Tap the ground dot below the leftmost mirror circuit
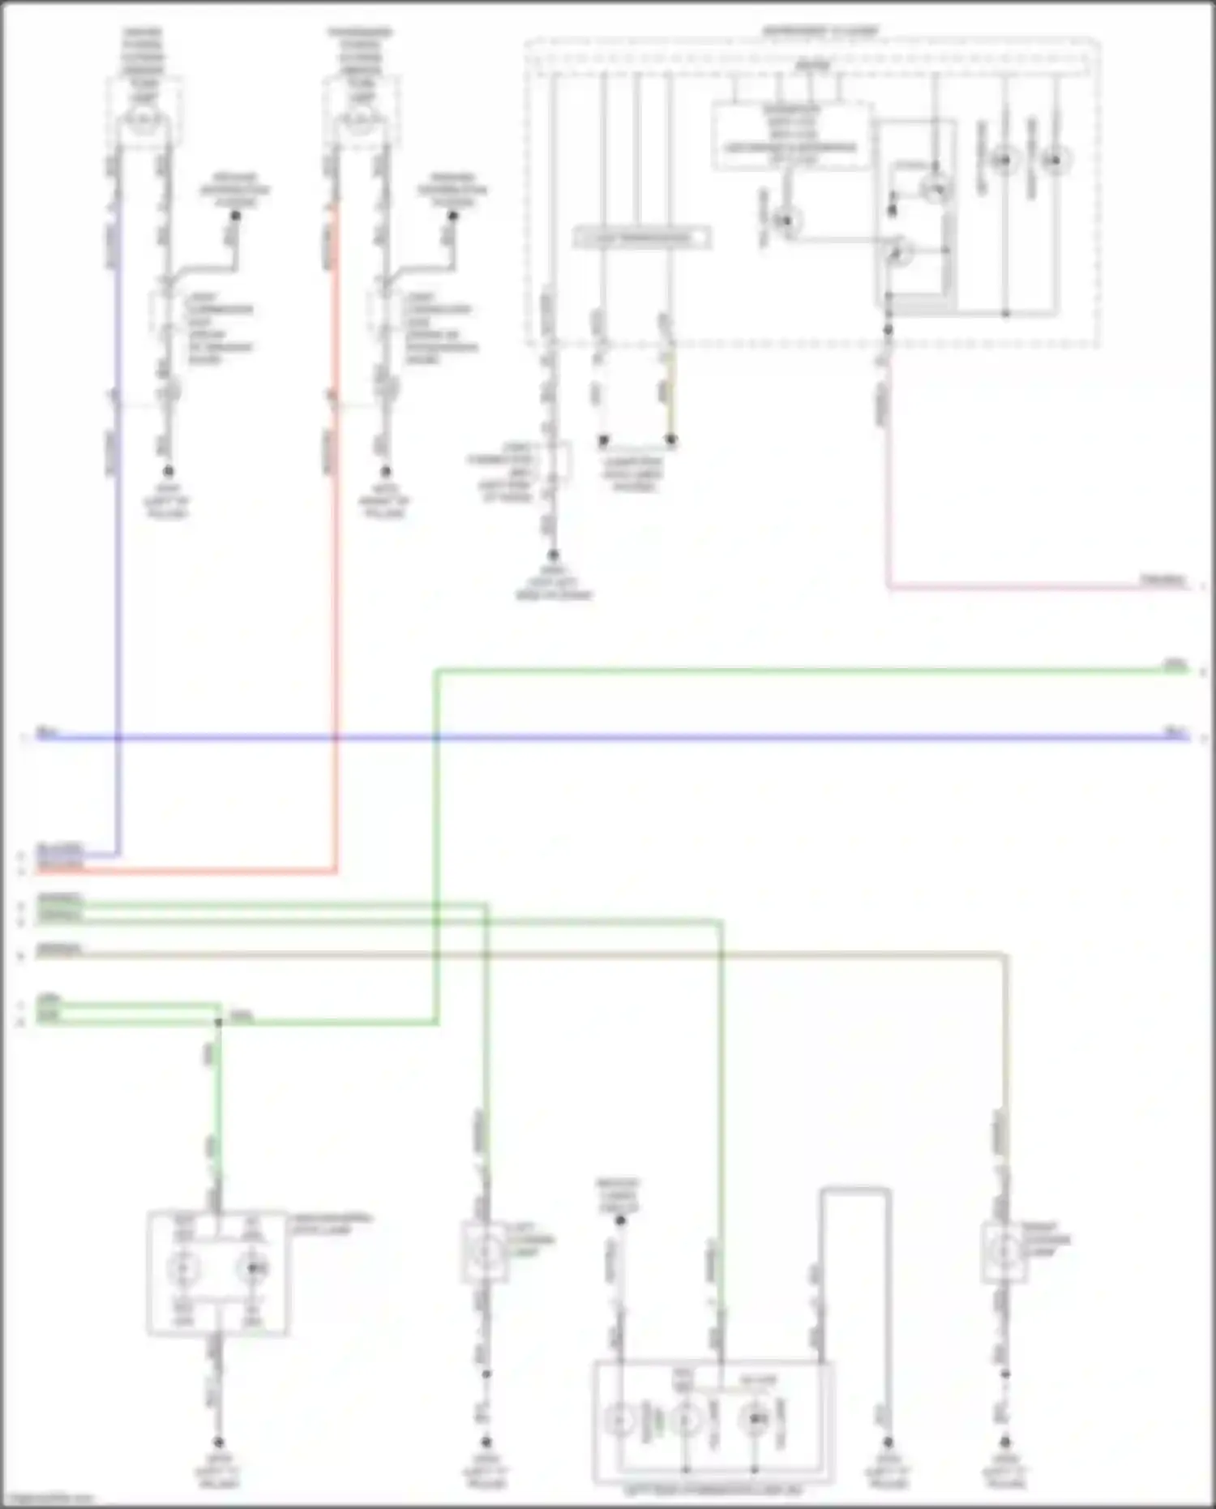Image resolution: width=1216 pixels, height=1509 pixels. tap(168, 471)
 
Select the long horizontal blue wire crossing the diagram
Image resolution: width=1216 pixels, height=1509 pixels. tap(649, 738)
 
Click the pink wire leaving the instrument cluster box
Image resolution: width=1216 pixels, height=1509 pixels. tap(1013, 586)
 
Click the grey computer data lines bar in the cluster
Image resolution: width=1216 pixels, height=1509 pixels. tap(642, 238)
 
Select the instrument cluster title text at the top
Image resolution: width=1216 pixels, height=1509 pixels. tap(819, 31)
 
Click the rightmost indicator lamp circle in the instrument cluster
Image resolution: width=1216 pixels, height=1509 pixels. tap(1055, 160)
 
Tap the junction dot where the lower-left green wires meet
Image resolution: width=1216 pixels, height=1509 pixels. tap(218, 1022)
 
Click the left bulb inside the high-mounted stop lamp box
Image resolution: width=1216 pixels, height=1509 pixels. tap(184, 1267)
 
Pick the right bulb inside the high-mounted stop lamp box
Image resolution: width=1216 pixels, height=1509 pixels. tap(255, 1267)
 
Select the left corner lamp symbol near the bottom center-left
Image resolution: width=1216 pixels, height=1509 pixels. tap(486, 1254)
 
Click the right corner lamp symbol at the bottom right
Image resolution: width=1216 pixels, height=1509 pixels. tap(1005, 1254)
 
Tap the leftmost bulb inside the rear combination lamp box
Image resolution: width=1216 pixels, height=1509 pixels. tap(620, 1421)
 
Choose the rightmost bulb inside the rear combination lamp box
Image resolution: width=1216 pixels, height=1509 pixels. tap(756, 1420)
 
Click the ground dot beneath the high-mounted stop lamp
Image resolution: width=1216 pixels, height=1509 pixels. tap(218, 1443)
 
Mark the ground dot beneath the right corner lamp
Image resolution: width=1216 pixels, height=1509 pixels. tap(1005, 1443)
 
